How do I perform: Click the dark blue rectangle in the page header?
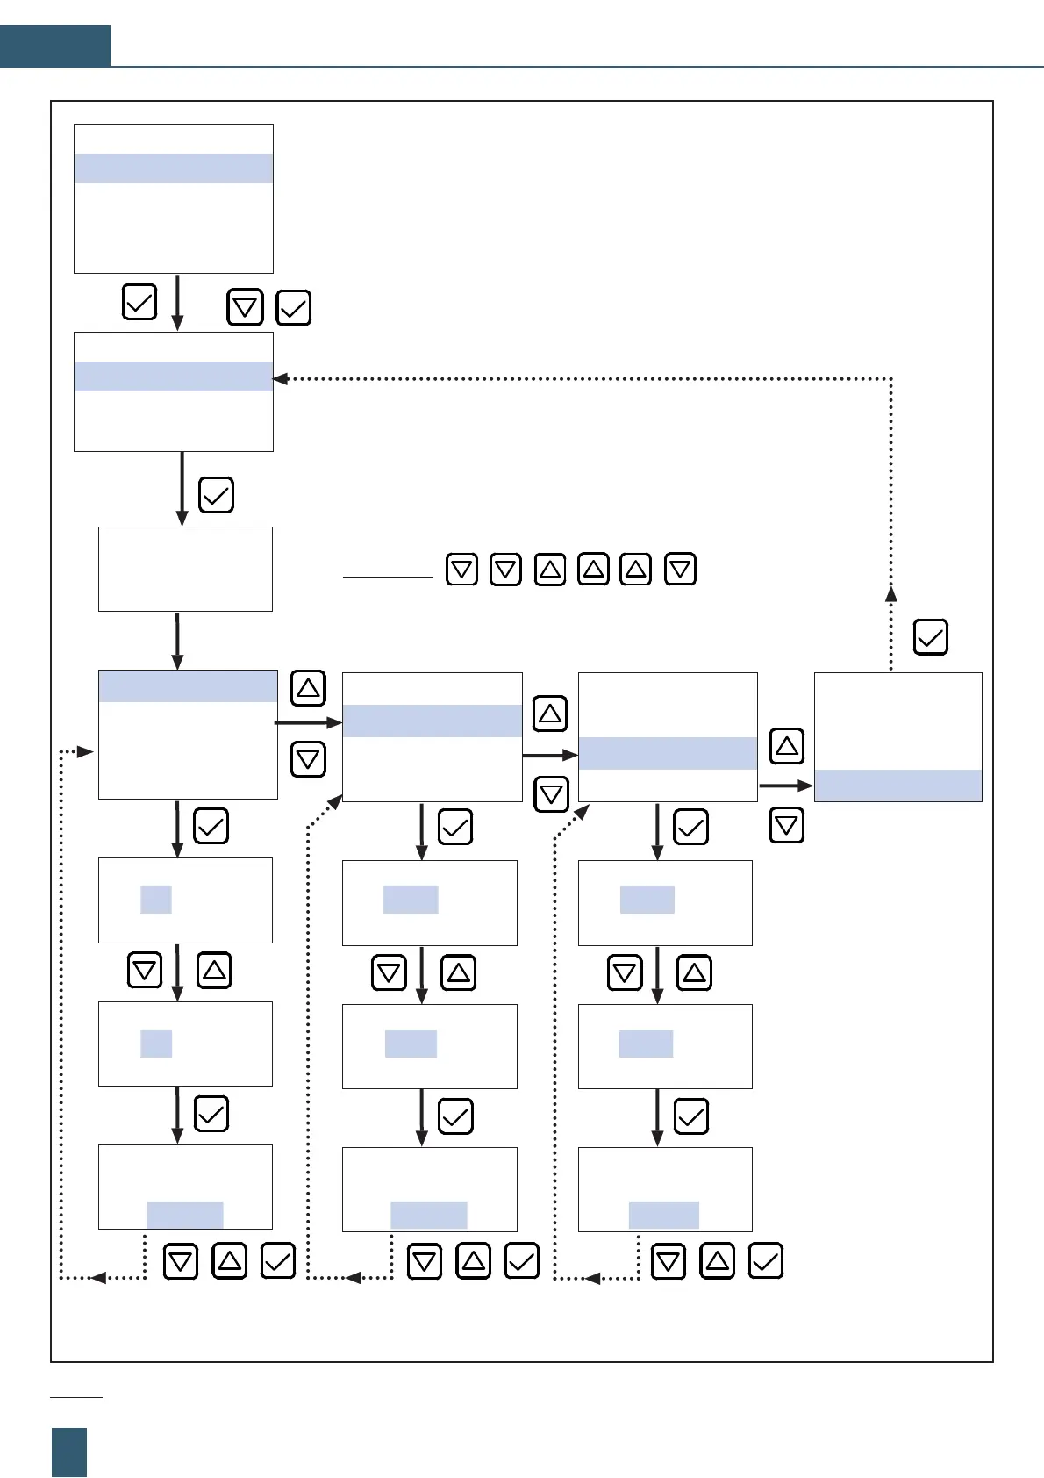[x=55, y=46]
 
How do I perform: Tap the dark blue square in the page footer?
[x=69, y=1452]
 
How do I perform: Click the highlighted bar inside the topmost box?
[x=174, y=169]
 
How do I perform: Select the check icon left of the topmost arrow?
[x=139, y=302]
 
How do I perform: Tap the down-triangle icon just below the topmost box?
[x=245, y=308]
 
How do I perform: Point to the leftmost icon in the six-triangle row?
[x=461, y=570]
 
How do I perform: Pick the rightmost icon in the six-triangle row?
[x=681, y=570]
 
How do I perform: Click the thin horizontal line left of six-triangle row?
[x=388, y=578]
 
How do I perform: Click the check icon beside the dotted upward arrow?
[x=930, y=637]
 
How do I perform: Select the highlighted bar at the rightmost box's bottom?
[x=898, y=786]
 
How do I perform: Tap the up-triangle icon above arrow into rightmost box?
[x=786, y=746]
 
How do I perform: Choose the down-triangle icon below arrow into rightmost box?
[x=786, y=826]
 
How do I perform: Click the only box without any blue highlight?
[x=185, y=569]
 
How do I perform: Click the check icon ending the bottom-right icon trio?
[x=765, y=1261]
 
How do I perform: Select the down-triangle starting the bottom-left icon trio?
[x=181, y=1262]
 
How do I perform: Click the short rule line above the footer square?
[x=76, y=1396]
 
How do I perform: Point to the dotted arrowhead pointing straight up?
[x=891, y=593]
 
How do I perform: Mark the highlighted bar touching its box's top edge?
[x=188, y=686]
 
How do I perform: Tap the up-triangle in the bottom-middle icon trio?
[x=474, y=1261]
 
